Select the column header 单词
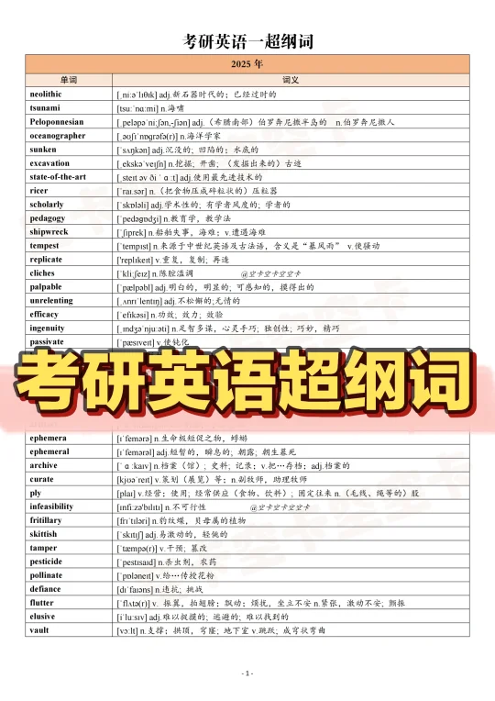click(x=70, y=81)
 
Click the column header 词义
click(x=292, y=81)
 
